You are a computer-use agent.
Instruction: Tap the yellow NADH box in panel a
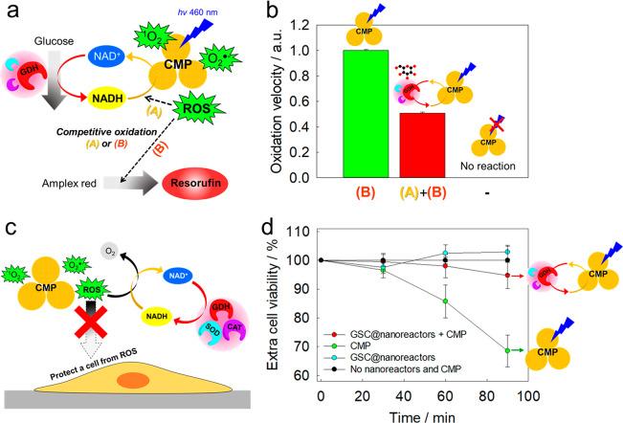tap(110, 98)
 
